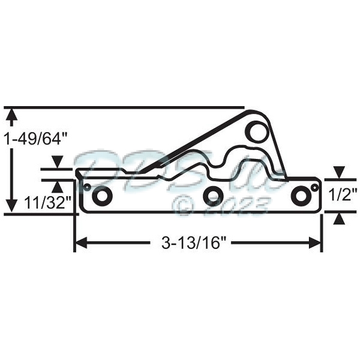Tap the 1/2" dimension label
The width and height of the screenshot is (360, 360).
(x=343, y=194)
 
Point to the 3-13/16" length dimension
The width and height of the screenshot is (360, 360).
(x=197, y=242)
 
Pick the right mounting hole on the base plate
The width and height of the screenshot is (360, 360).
(x=299, y=196)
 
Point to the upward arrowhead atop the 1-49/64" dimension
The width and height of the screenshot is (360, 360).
(x=10, y=114)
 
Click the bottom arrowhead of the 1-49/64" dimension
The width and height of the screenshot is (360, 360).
(x=10, y=206)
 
